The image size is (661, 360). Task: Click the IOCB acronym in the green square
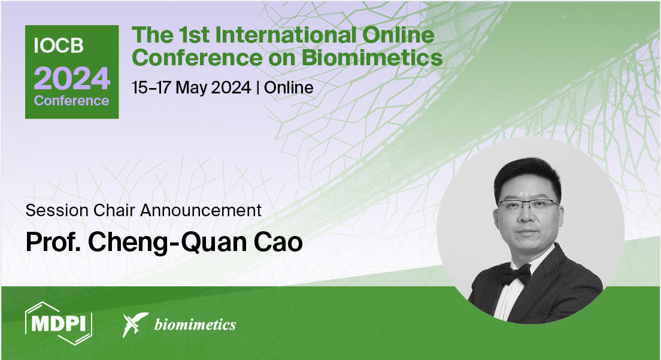coord(59,46)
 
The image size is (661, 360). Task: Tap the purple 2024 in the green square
coord(72,78)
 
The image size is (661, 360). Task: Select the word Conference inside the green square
coord(72,101)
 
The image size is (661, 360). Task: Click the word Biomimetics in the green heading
coord(372,58)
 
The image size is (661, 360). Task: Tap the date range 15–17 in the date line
coord(151,87)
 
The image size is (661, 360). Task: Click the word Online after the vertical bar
coord(289,87)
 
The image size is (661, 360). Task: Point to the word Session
coord(57,210)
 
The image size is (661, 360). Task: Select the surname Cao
coord(278,242)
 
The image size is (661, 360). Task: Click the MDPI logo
coord(59,323)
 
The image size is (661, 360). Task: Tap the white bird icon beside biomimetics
coord(135,325)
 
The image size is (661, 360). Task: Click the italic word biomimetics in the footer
coord(195,325)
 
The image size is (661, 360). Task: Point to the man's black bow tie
coord(516,274)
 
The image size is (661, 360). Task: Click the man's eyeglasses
coord(529,205)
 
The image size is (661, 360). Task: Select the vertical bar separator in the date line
coord(257,87)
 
